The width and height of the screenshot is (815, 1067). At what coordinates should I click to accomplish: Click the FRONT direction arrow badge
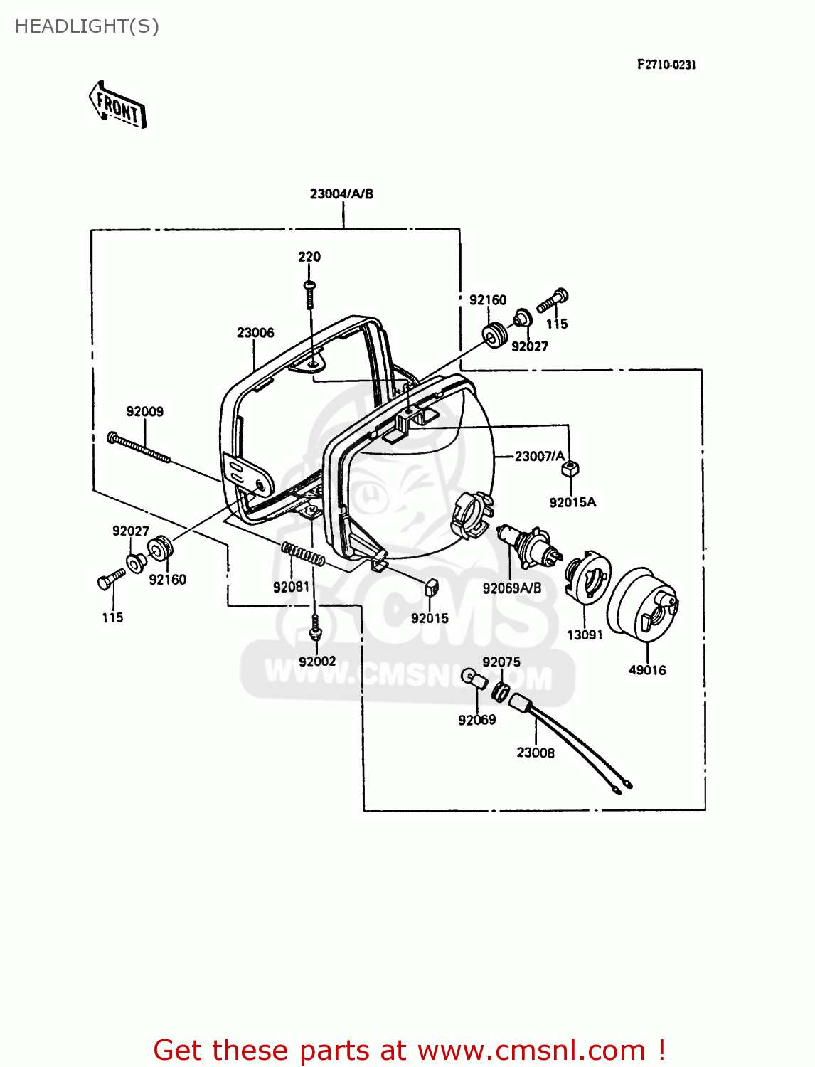click(117, 105)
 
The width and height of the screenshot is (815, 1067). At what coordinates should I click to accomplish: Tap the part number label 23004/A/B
click(341, 193)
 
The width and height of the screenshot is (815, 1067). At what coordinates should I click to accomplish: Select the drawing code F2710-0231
click(666, 65)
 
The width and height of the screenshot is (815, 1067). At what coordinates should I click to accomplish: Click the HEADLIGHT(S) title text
click(87, 26)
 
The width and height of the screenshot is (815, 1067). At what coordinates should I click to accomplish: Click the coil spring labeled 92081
click(303, 553)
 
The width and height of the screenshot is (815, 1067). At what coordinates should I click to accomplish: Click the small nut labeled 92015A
click(570, 469)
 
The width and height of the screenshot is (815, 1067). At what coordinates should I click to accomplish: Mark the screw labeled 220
click(309, 294)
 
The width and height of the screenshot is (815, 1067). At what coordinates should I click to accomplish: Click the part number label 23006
click(255, 333)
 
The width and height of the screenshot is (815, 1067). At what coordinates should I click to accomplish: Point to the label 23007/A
click(539, 456)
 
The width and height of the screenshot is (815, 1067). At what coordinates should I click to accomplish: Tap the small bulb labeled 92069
click(474, 679)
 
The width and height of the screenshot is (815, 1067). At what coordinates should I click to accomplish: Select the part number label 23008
click(536, 753)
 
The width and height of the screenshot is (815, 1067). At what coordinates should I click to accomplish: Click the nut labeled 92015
click(430, 588)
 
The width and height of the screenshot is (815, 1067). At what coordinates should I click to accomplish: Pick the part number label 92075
click(501, 662)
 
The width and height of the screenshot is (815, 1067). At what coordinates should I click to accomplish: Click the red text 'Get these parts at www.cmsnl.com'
click(409, 1050)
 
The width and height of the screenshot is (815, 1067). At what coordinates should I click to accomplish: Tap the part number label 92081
click(291, 587)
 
